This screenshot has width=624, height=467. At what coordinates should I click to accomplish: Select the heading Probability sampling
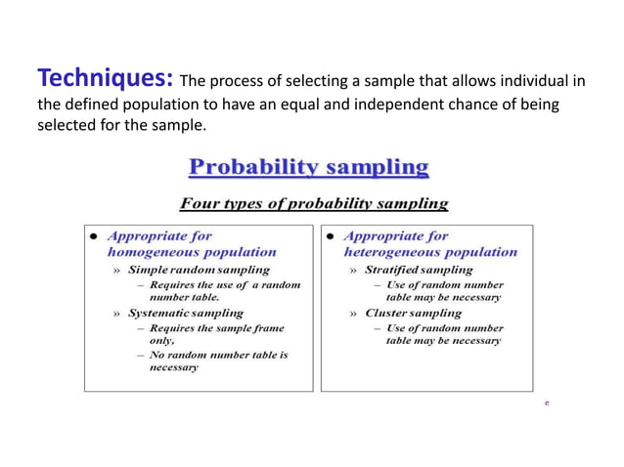click(308, 167)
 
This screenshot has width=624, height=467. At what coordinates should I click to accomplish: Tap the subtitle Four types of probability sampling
click(313, 204)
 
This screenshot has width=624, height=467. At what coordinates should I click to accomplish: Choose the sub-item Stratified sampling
click(418, 269)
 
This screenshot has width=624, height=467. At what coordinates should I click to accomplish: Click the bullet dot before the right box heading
click(330, 236)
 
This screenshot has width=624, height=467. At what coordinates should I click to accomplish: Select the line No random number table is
click(218, 355)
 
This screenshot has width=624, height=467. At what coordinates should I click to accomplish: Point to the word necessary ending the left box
click(173, 367)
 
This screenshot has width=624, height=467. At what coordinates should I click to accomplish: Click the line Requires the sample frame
click(216, 328)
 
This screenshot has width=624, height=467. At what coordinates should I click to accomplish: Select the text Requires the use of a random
click(225, 284)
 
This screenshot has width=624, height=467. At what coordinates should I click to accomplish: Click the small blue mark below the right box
click(547, 403)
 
